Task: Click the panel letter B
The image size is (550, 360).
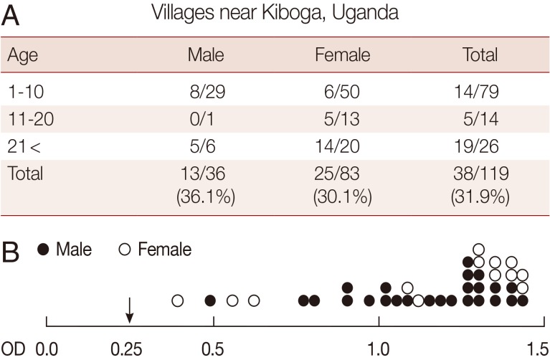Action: point(13,251)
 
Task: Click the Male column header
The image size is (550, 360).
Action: point(206,55)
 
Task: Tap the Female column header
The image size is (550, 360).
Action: point(343,55)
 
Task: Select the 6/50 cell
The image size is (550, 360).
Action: point(343,92)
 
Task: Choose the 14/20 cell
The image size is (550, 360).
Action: point(343,146)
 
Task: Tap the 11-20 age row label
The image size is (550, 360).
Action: point(27,118)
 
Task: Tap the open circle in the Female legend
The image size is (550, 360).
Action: point(124,250)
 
